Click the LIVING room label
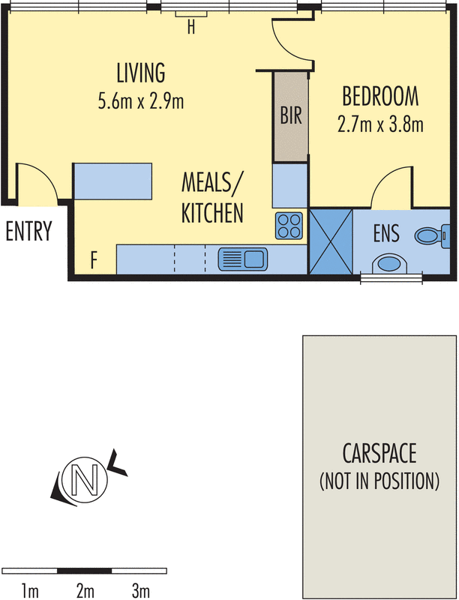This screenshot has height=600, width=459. [140, 73]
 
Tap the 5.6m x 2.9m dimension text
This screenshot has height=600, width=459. [140, 101]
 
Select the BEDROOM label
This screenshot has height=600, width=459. [380, 96]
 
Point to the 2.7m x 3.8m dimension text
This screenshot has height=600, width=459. [380, 123]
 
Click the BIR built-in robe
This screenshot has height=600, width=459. [291, 116]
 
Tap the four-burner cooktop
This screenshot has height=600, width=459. [289, 225]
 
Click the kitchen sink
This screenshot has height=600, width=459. [242, 259]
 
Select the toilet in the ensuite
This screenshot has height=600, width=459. [431, 236]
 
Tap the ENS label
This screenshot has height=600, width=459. [386, 233]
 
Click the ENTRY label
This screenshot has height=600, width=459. [28, 232]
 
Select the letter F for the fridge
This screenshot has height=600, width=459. [93, 261]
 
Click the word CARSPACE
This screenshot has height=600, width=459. [379, 454]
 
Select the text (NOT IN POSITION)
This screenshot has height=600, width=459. [379, 481]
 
